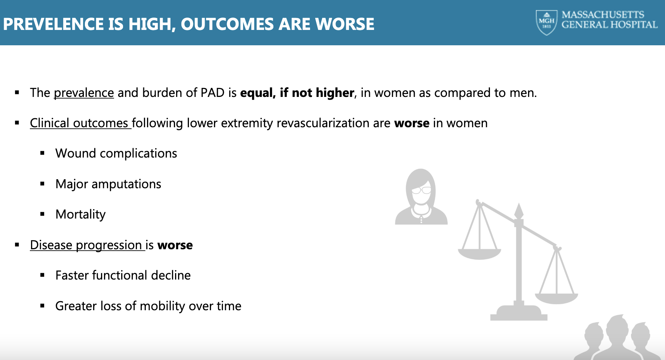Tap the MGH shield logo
(x=546, y=22)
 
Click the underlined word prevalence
(x=84, y=93)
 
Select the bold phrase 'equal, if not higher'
(x=297, y=93)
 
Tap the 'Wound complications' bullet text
(x=116, y=153)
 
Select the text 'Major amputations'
(x=108, y=184)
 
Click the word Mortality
(x=80, y=214)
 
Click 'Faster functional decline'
(x=123, y=275)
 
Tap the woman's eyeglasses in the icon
(x=421, y=190)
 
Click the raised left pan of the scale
(x=479, y=254)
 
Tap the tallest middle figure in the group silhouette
(x=616, y=337)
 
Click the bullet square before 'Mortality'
(x=42, y=214)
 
